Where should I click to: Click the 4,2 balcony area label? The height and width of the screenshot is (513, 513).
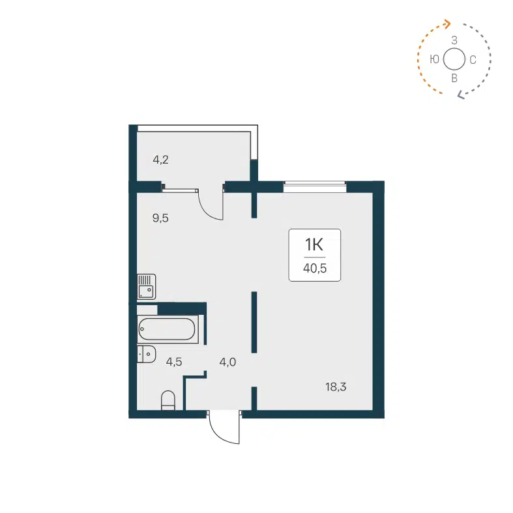pos(160,159)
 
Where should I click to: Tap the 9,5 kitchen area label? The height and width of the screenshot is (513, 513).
pos(160,218)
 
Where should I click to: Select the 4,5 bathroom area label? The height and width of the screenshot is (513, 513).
pos(173,362)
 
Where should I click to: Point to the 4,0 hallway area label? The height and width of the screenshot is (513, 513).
pos(227,362)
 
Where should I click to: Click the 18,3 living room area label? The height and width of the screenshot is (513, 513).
pos(336,387)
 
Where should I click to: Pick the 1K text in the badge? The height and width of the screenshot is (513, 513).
pos(314,244)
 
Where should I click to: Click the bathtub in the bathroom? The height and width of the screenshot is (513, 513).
pos(167,330)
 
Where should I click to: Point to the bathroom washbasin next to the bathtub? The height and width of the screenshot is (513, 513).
pos(146,354)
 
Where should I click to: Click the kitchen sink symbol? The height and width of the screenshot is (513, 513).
pos(146,287)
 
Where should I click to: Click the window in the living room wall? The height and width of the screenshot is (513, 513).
pos(314,188)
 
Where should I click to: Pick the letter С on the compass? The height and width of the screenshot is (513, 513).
pos(473,60)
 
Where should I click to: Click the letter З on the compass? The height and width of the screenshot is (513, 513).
pos(454,40)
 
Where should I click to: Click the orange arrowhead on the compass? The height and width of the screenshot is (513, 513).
pos(448,24)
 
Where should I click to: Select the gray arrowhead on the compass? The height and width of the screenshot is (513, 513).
pos(460,95)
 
